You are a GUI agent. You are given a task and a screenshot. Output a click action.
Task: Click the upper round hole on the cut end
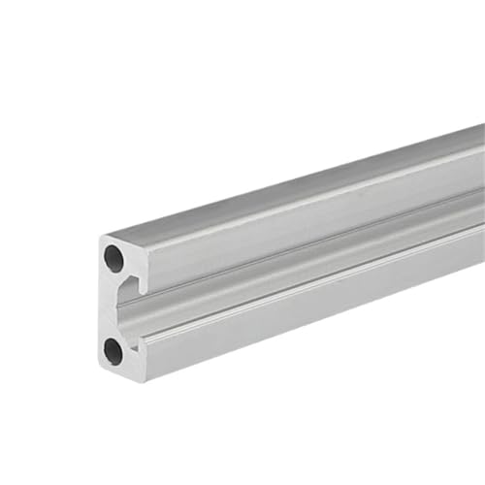tap(114, 258)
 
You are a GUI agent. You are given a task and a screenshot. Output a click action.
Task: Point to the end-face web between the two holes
tap(110, 304)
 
